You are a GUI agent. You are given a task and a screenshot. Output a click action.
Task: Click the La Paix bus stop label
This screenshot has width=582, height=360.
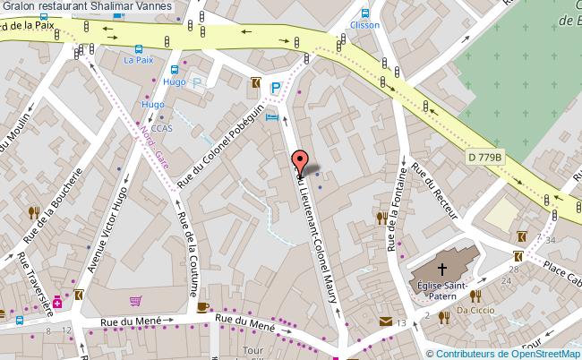pyautogui.click(x=139, y=61)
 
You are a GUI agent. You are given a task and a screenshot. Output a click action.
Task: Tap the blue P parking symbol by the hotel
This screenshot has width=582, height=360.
pyautogui.click(x=277, y=88)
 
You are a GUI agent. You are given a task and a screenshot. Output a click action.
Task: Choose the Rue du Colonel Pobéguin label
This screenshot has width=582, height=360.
pyautogui.click(x=219, y=143)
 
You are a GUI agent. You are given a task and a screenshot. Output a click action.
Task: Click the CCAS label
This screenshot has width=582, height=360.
pyautogui.click(x=162, y=128)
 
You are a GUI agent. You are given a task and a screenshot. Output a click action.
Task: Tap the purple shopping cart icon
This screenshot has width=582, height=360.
pyautogui.click(x=135, y=301)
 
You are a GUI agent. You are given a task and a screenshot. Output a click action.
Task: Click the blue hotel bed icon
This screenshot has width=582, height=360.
pyautogui.click(x=272, y=117)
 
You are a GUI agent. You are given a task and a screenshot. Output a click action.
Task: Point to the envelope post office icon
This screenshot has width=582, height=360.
pyautogui.click(x=385, y=321)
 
